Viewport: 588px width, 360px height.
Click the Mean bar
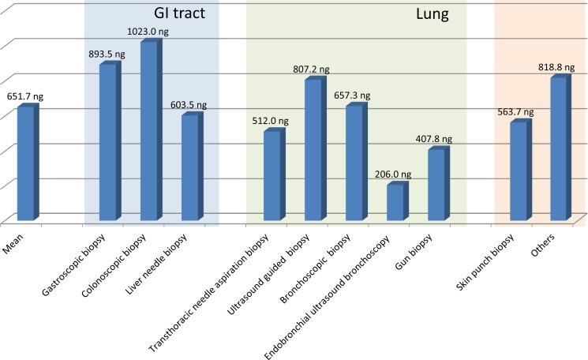[25, 163]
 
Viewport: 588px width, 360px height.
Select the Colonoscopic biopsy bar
[148, 131]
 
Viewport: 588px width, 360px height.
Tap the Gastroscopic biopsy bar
[107, 143]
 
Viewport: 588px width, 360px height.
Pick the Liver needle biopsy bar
[189, 168]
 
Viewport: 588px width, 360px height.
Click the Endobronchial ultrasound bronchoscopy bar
[395, 202]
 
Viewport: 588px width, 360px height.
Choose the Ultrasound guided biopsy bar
[313, 150]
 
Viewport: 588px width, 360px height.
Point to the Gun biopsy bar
[436, 185]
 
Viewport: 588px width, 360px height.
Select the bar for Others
[559, 149]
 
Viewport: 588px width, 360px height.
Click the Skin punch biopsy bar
[519, 171]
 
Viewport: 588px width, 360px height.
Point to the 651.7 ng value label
[25, 96]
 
